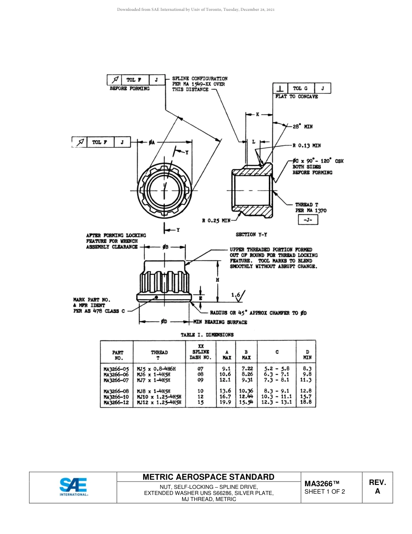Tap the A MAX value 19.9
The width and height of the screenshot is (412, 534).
pos(226,402)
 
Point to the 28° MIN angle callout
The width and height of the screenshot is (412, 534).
pos(302,126)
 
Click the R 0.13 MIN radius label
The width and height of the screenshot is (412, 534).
pos(307,146)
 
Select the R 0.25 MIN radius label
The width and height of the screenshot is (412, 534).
pos(216,221)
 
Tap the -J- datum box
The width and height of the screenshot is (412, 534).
pos(308,220)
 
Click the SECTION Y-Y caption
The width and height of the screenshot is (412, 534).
pos(251,234)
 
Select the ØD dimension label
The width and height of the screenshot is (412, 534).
pos(164,322)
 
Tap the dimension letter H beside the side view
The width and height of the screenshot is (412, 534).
pos(217,280)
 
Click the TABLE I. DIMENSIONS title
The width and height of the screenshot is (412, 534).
pos(207,335)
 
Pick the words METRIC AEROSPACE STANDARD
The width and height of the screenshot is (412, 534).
pos(208,477)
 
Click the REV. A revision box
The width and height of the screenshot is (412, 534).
pos(377,487)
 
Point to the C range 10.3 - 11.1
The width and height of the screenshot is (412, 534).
pos(276,396)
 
